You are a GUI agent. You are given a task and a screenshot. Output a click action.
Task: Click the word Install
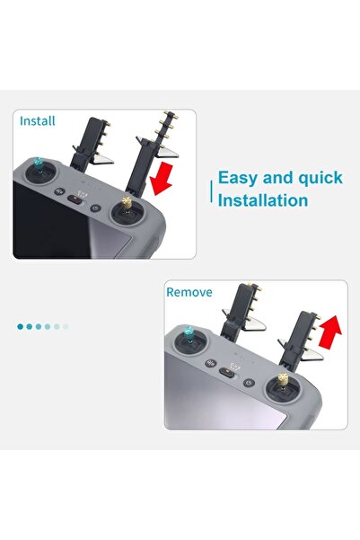coord(38,120)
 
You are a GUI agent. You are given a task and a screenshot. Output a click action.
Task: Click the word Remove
coord(189,292)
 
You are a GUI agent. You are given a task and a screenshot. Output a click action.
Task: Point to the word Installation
coord(264,199)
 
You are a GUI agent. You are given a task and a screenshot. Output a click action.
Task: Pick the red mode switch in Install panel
coord(76,201)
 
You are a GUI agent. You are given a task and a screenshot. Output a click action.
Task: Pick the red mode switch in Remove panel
coord(228,375)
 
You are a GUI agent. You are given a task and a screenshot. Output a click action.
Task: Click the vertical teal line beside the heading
coord(212,189)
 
